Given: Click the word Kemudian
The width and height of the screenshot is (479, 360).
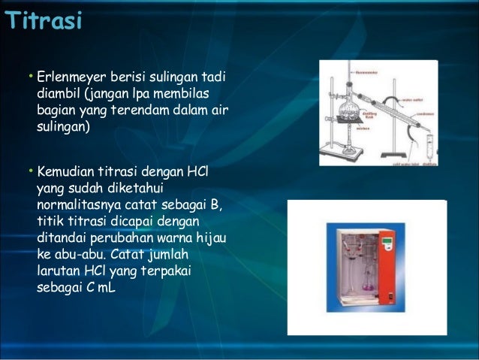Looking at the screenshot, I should pyautogui.click(x=68, y=173).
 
